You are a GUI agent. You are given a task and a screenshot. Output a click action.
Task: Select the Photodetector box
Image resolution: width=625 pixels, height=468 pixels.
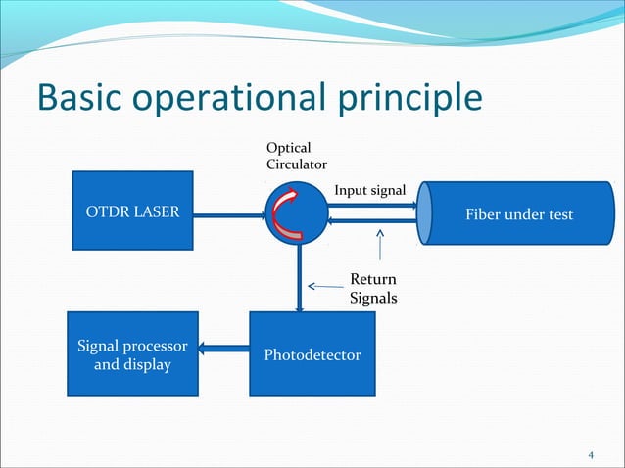point(312,353)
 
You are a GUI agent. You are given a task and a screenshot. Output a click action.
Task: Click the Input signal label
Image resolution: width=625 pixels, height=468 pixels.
point(370,189)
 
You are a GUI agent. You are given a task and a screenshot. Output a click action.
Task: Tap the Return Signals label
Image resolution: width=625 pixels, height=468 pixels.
point(373,289)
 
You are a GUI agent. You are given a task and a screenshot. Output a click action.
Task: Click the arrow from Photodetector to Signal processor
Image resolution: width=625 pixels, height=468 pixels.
point(224,346)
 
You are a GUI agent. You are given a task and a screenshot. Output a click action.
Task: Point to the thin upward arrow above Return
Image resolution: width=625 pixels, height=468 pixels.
point(379,249)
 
